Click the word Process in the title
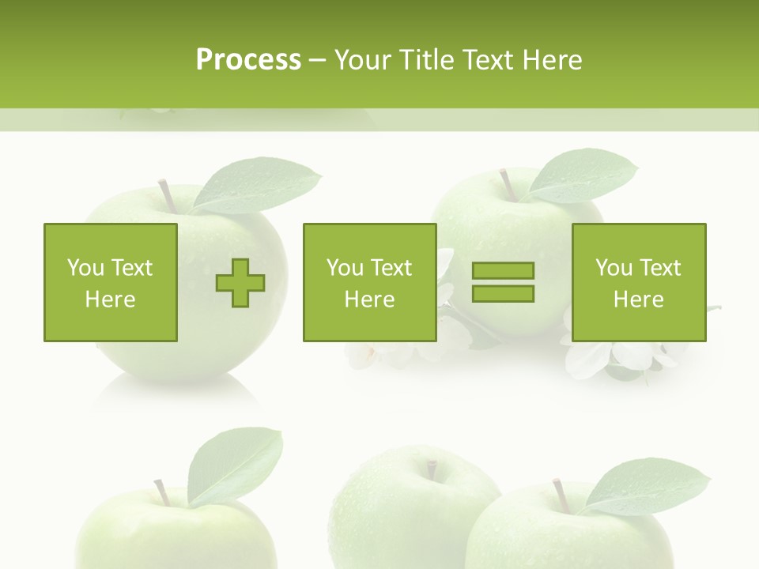[248, 60]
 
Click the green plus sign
[240, 283]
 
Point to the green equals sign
[503, 282]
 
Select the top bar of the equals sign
[503, 271]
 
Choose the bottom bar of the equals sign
[503, 293]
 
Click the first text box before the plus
[110, 282]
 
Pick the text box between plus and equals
[369, 282]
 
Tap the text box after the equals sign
[638, 282]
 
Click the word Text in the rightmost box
[660, 268]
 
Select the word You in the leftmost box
[85, 268]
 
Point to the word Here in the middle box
[369, 300]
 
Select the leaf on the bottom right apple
[645, 485]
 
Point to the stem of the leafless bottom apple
[432, 469]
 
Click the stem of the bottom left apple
[160, 492]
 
